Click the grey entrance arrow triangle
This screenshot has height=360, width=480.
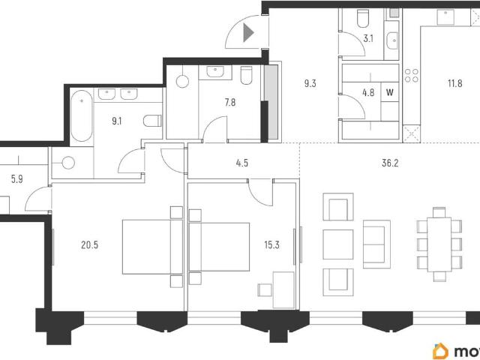pos(248,32)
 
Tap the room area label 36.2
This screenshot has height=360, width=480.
pos(390,163)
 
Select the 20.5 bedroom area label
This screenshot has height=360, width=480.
pos(90,245)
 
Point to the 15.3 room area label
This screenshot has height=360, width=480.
pos(271,245)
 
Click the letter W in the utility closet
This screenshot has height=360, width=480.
pos(390,92)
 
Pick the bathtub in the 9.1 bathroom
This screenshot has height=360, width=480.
pos(82,116)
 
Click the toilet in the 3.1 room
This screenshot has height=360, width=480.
pos(363,18)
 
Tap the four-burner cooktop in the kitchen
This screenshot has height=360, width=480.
pos(412,75)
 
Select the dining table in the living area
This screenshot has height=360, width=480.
pos(439,244)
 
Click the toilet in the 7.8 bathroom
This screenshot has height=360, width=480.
pos(246,75)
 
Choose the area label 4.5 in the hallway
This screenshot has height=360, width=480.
pos(241,163)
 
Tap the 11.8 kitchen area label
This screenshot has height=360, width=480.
pos(455,83)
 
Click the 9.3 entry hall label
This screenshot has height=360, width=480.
pos(310,83)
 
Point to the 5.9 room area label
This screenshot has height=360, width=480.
pos(16,178)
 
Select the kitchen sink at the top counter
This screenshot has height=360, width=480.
pos(445,16)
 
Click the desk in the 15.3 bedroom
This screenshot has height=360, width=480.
pos(283,290)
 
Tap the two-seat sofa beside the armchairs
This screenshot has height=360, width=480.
pos(376,244)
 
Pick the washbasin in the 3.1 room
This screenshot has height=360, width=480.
pos(392,40)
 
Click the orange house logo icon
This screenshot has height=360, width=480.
pos(440,351)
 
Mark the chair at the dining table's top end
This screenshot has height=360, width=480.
pos(439,212)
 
